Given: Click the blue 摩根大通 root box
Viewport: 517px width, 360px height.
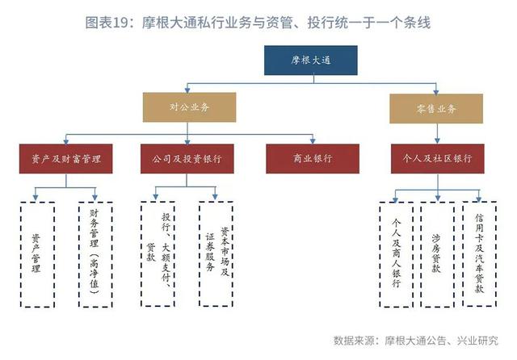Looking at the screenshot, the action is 310,61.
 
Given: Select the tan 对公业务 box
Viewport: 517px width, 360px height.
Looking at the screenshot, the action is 189,107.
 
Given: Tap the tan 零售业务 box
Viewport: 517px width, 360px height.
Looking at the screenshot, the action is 436,109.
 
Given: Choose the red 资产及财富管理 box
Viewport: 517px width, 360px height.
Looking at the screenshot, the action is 66,159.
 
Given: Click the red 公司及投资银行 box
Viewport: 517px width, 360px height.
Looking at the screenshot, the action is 187,159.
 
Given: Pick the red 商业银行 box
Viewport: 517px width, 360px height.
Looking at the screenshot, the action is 313,159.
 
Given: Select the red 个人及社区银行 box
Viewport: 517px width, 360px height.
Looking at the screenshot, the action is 438,159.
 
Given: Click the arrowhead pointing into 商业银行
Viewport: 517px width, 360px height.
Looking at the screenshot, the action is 313,141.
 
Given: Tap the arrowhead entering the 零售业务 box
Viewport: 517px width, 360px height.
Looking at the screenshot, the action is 436,91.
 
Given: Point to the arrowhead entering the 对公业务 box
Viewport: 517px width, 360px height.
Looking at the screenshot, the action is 187,90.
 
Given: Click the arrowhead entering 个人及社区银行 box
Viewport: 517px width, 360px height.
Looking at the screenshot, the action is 437,141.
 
